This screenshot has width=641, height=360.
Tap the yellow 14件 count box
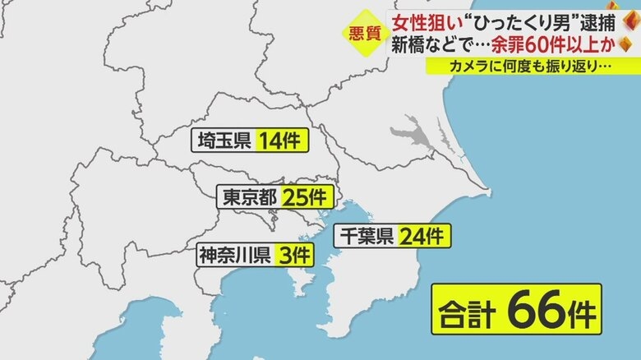(x=281, y=141)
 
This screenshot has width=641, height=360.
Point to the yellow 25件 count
(x=307, y=197)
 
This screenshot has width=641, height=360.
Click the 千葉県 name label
(x=367, y=237)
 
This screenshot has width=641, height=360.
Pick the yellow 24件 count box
(x=423, y=237)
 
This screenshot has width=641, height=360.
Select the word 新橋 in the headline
(x=409, y=44)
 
